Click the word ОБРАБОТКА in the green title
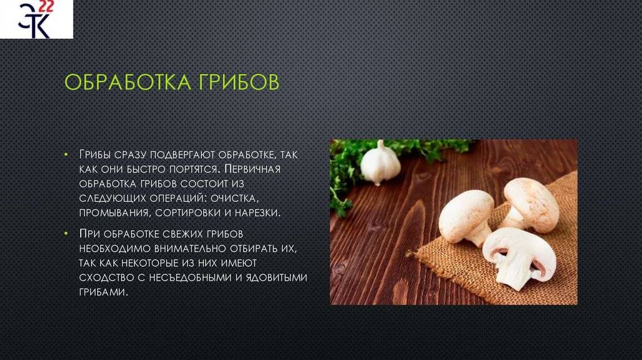click(128, 82)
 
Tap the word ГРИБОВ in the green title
click(239, 82)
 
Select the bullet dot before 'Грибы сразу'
click(66, 154)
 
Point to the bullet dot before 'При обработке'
click(66, 233)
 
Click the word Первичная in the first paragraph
click(253, 169)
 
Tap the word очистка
click(235, 198)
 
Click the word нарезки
click(258, 213)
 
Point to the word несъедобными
click(190, 277)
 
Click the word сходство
click(106, 277)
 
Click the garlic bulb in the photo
click(381, 164)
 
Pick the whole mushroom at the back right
click(530, 205)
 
